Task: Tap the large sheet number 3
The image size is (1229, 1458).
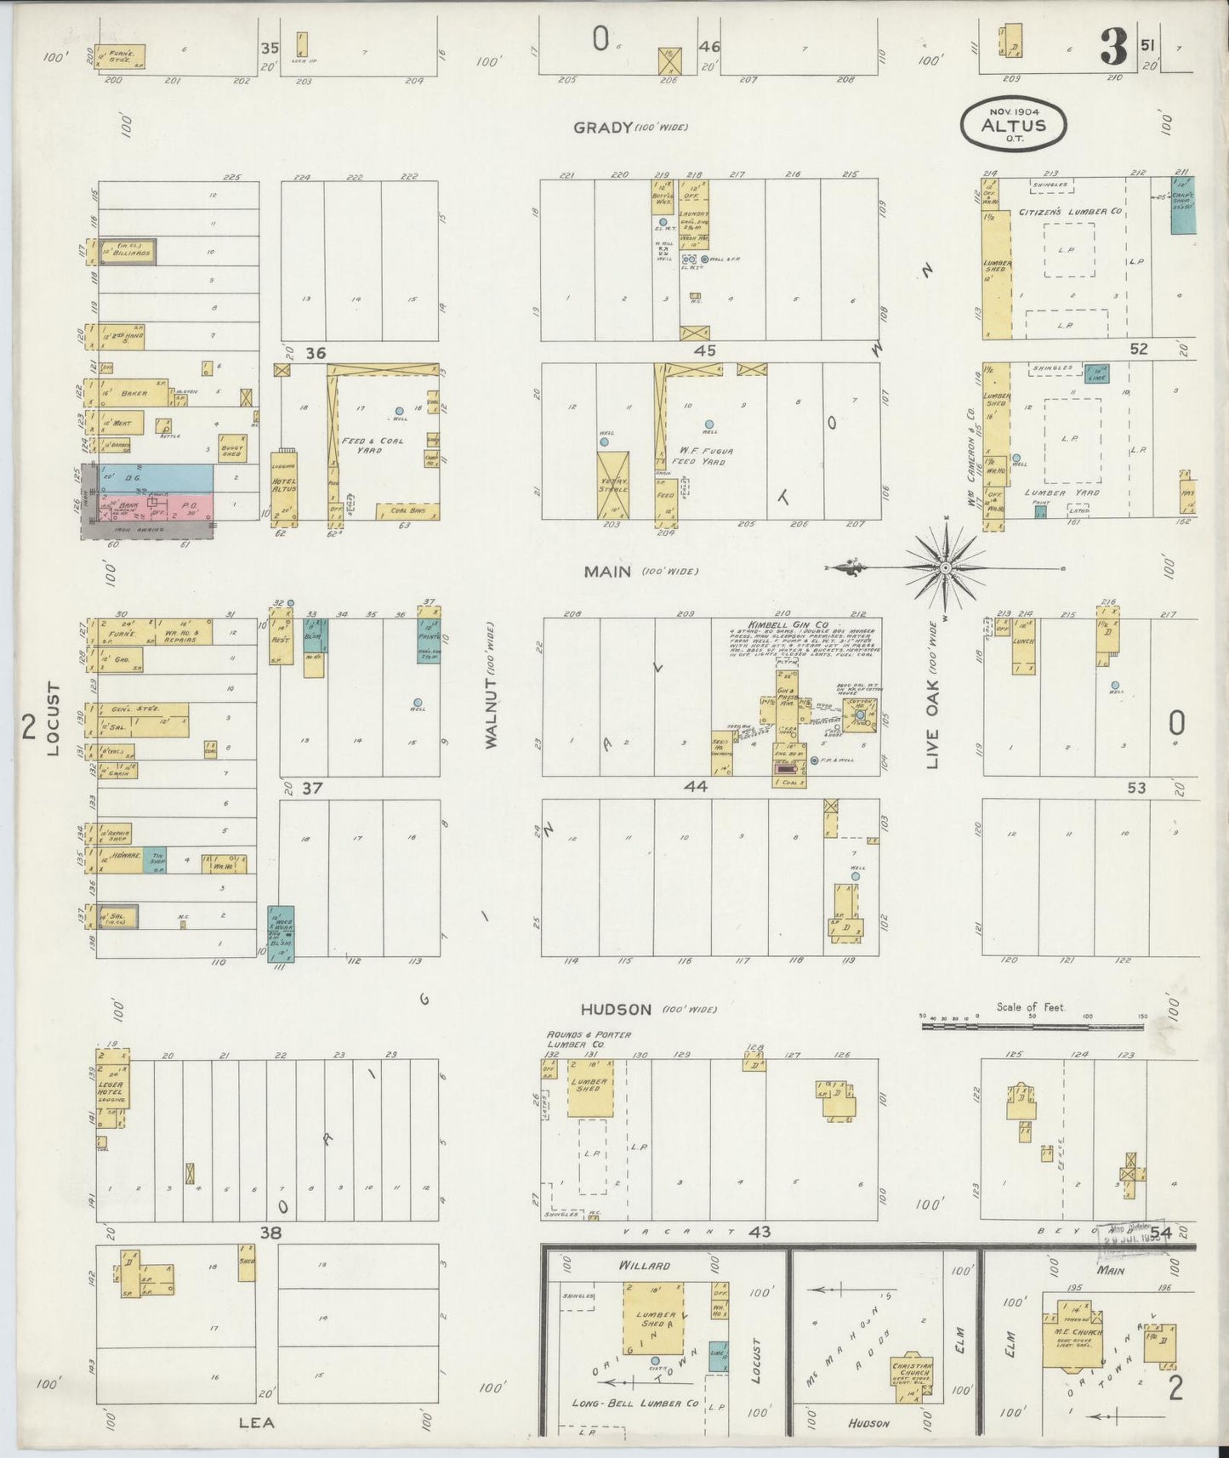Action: click(x=1113, y=48)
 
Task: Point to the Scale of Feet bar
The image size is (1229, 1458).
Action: click(x=1034, y=1027)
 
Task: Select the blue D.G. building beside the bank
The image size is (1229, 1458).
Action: click(x=153, y=478)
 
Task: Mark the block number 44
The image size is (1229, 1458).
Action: click(x=696, y=788)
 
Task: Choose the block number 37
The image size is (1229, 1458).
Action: click(x=312, y=789)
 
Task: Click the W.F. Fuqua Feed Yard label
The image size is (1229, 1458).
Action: click(x=703, y=456)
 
